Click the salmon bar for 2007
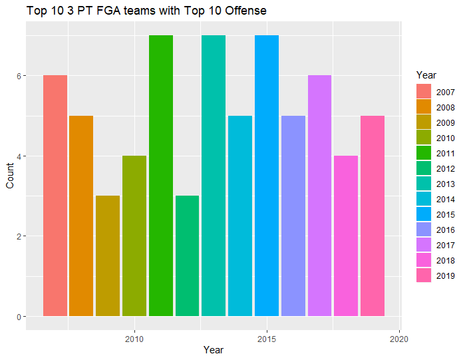tap(55, 196)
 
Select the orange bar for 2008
tap(81, 216)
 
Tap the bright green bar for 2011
tap(161, 176)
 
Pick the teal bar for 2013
tap(214, 176)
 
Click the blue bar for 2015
tap(267, 176)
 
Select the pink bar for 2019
tap(373, 216)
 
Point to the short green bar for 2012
tap(187, 256)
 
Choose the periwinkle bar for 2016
tap(293, 216)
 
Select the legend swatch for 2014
tap(423, 199)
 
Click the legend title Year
tap(425, 75)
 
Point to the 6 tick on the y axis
tap(20, 76)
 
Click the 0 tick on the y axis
tap(20, 317)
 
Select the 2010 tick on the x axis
tap(134, 338)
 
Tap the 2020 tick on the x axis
tap(399, 338)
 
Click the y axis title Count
tap(9, 176)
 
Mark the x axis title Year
tap(214, 350)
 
